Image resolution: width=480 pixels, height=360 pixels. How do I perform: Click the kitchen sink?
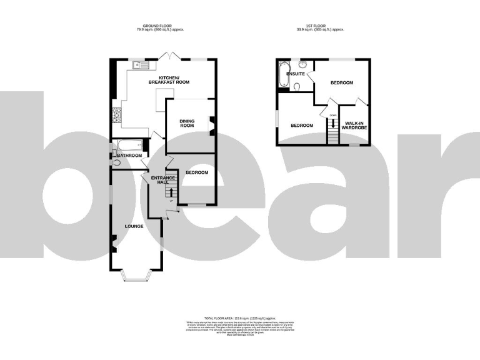point(139,64)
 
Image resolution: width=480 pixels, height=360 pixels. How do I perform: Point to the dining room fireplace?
point(211,124)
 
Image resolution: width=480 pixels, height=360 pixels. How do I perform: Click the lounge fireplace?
point(114,244)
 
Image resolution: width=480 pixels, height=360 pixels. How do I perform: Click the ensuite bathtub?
point(282,75)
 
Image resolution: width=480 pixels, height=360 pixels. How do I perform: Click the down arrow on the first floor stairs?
point(333,123)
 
